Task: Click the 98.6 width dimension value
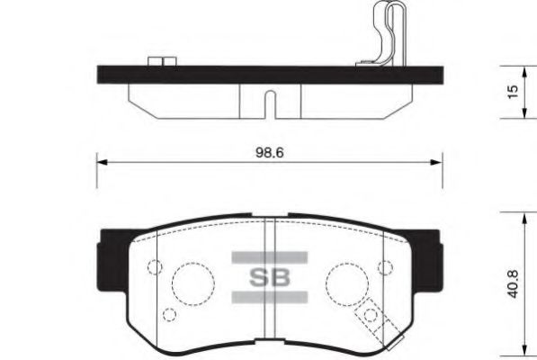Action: point(270,153)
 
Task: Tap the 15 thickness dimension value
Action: point(513,92)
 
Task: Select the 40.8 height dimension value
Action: point(513,284)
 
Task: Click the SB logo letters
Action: point(270,277)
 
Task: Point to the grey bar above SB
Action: point(270,257)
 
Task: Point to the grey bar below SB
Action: point(270,297)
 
